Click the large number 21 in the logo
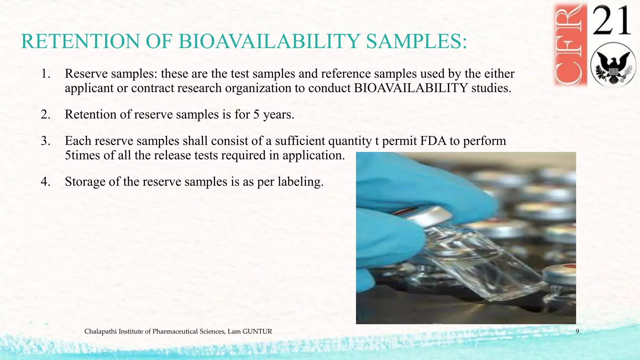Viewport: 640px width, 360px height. click(x=612, y=21)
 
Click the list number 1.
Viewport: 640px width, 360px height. click(x=46, y=74)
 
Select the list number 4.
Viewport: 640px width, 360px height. click(x=46, y=182)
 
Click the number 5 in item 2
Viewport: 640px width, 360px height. click(x=256, y=115)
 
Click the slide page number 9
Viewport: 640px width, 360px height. click(x=577, y=332)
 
